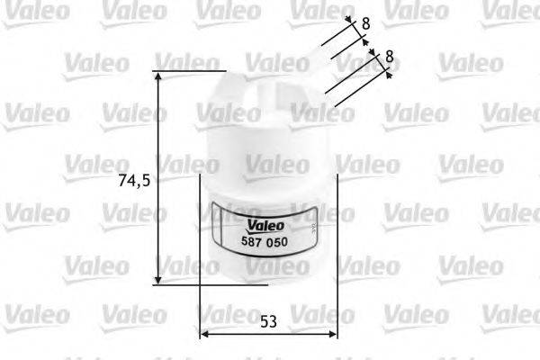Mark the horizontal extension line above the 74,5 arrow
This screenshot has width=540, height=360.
187,69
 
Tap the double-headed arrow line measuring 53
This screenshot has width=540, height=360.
267,335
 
